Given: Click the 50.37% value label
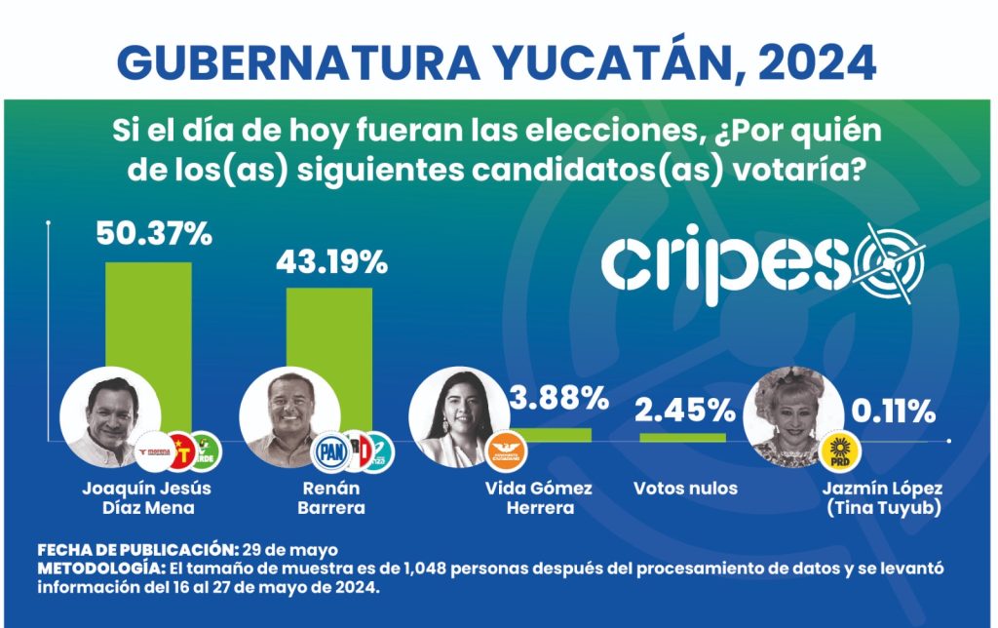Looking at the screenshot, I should (153, 235).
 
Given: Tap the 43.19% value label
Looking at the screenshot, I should (331, 262).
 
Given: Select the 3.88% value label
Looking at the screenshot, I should (558, 398).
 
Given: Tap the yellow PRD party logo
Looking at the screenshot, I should (838, 450).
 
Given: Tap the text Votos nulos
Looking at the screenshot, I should (685, 488).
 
